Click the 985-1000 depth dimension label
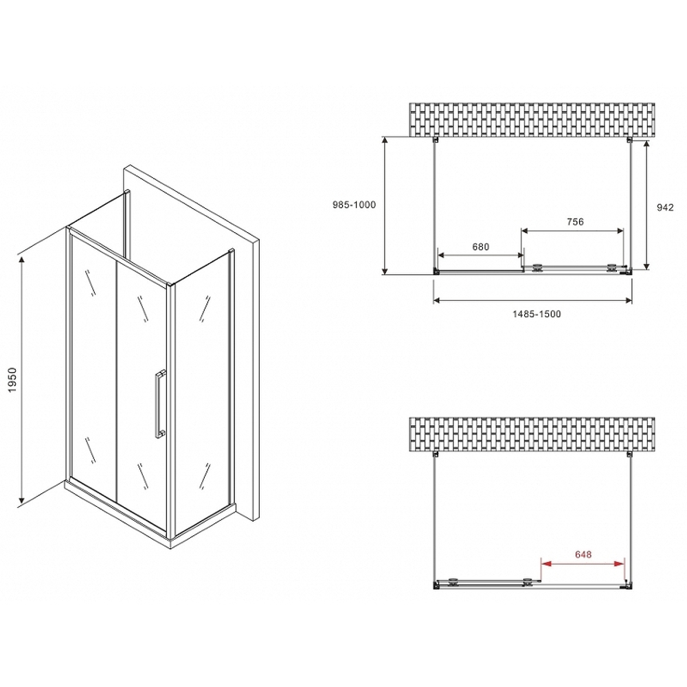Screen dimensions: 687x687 354,205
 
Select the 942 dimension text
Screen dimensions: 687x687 664,207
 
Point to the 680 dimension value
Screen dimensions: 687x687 480,247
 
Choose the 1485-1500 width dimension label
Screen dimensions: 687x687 536,314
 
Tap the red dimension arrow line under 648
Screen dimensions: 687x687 583,563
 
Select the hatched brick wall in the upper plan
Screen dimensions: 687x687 532,120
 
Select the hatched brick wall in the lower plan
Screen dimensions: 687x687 532,433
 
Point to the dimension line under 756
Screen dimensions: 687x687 573,229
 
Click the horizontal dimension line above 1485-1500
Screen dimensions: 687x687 532,300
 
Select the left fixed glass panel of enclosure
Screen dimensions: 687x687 92,357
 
